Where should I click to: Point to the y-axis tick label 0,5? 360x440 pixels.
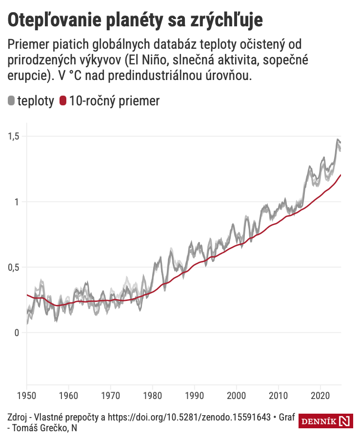(x=14, y=267)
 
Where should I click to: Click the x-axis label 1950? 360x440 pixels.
(x=27, y=394)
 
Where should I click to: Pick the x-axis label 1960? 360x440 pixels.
(x=69, y=394)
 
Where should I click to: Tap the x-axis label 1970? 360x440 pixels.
(x=111, y=394)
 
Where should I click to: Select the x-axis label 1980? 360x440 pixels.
(x=153, y=394)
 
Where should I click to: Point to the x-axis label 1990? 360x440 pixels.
(x=195, y=394)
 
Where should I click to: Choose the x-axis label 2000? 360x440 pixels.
(x=237, y=394)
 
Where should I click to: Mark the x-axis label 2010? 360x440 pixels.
(x=278, y=394)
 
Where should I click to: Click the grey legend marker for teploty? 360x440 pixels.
(x=11, y=101)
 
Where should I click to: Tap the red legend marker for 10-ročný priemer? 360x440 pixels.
(x=62, y=101)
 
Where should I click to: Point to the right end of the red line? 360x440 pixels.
(x=340, y=175)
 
